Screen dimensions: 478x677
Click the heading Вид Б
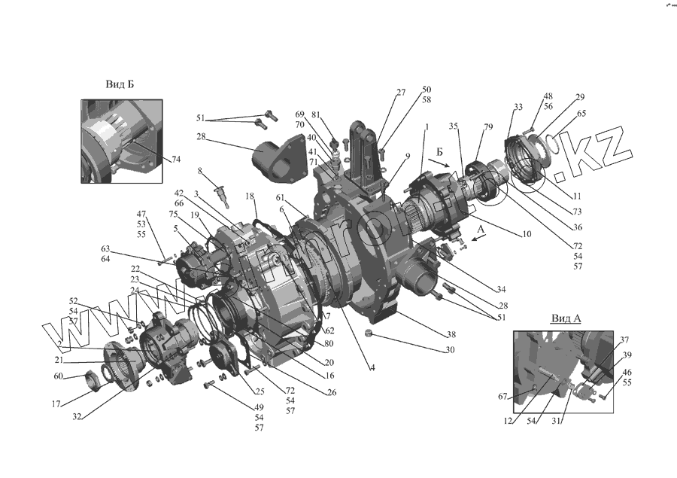click(x=120, y=84)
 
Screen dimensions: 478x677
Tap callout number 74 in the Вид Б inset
click(x=176, y=160)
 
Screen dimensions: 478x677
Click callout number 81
click(x=316, y=114)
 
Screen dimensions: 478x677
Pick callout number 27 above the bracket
click(x=400, y=93)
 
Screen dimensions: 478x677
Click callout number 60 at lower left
click(x=59, y=376)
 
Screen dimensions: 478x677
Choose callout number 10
click(x=526, y=235)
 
